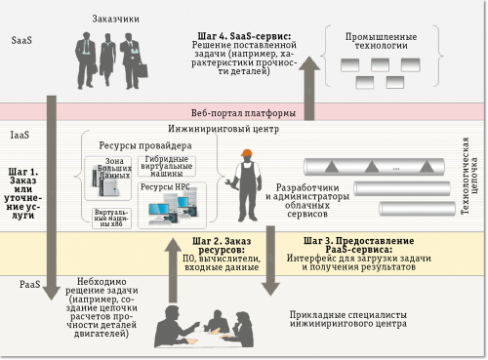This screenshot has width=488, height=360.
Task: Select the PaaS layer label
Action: pyautogui.click(x=29, y=283)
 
